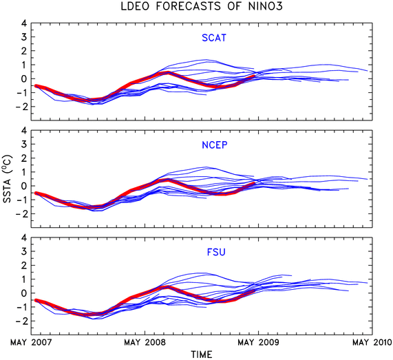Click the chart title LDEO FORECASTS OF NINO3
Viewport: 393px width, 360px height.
202,6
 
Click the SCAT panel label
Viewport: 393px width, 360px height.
214,38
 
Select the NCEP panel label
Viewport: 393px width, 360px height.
215,145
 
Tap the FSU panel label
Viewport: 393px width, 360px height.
216,252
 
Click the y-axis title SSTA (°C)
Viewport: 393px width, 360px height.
8,179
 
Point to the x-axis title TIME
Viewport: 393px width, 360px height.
202,354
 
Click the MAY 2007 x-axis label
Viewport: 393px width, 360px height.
31,342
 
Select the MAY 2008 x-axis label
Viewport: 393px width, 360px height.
145,342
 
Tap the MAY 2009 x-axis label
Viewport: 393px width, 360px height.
258,342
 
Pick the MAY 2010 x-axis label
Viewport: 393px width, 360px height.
372,342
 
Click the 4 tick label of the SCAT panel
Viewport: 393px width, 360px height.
24,23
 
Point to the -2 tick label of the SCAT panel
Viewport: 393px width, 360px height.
21,107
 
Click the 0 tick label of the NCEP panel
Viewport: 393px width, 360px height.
24,186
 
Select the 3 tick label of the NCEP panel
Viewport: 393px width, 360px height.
24,144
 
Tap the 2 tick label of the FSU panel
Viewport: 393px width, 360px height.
24,265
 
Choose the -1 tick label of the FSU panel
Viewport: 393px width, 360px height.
21,307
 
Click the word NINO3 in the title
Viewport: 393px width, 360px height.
266,6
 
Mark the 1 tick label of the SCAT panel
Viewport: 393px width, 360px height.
24,65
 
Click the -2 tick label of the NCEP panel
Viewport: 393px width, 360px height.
21,213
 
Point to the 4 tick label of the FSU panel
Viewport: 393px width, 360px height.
24,237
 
